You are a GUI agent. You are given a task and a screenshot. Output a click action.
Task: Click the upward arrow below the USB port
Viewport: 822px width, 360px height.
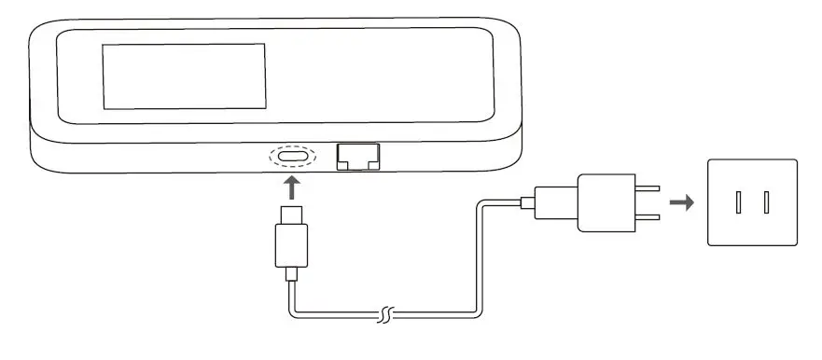tap(292, 187)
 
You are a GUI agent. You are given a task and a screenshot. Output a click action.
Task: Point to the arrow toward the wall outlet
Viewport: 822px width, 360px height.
tap(683, 201)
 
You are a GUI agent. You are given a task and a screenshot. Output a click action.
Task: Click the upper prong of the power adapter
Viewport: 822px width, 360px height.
tap(648, 189)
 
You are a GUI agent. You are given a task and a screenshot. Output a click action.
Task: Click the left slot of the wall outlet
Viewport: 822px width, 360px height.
tap(738, 201)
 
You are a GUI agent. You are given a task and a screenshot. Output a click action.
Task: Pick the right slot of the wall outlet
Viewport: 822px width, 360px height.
tap(767, 201)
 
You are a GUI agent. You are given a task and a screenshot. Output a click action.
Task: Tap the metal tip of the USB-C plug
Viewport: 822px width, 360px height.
tap(291, 218)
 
